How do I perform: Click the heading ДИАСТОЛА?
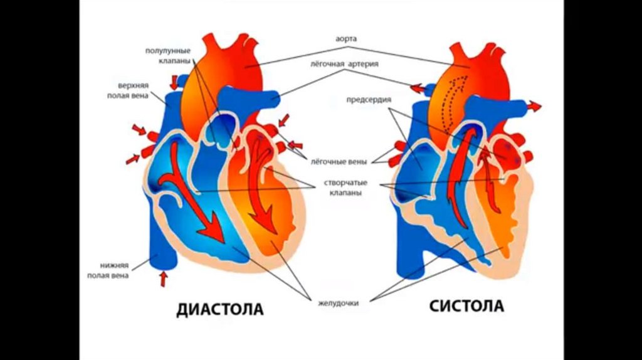point(219,309)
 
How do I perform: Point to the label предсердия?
point(369,99)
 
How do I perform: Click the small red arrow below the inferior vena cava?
point(164,277)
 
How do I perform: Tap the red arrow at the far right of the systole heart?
point(533,106)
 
